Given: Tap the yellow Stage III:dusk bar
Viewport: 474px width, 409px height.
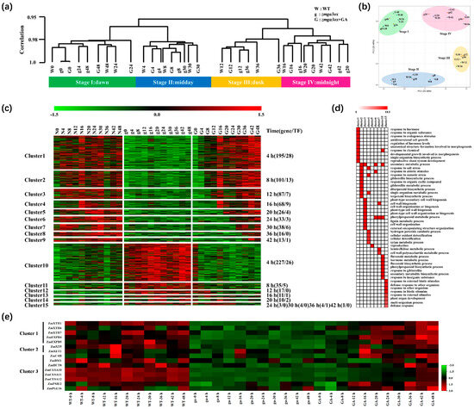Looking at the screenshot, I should [220, 83].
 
